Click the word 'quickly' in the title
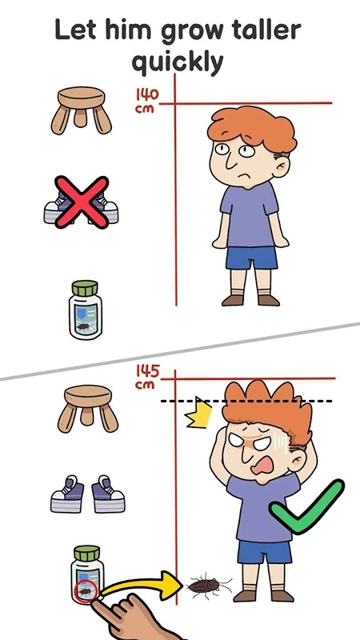pyautogui.click(x=178, y=62)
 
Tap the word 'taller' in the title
pyautogui.click(x=258, y=30)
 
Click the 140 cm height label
pyautogui.click(x=146, y=101)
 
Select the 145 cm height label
pyautogui.click(x=147, y=377)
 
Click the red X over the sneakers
pyautogui.click(x=82, y=202)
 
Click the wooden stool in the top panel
pyautogui.click(x=82, y=110)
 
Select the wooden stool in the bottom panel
pyautogui.click(x=88, y=409)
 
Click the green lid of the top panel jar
pyautogui.click(x=85, y=289)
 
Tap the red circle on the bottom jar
pyautogui.click(x=86, y=591)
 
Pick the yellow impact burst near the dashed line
pyautogui.click(x=198, y=413)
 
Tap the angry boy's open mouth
pyautogui.click(x=262, y=465)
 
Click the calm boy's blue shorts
pyautogui.click(x=251, y=258)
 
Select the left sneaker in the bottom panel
pyautogui.click(x=67, y=493)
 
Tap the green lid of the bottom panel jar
pyautogui.click(x=87, y=554)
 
